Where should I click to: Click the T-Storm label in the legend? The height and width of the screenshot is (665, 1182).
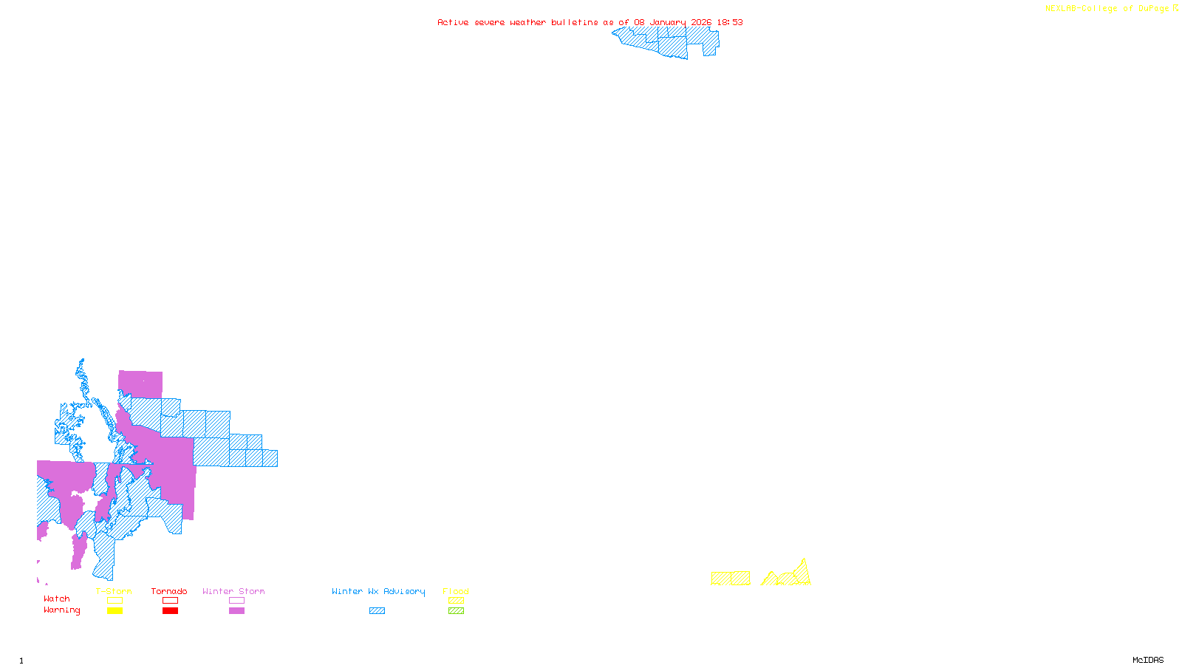click(114, 591)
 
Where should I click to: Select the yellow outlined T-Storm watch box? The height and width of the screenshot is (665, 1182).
click(115, 601)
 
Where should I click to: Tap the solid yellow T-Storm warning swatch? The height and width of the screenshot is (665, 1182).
click(115, 611)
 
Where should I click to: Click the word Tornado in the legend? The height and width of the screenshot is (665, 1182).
click(169, 591)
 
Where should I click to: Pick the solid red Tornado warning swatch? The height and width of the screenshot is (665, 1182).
click(170, 611)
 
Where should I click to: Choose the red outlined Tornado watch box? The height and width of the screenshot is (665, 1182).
click(170, 601)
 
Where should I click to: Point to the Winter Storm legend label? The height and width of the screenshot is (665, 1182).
click(233, 591)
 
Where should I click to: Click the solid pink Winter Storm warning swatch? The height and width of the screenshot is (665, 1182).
click(236, 611)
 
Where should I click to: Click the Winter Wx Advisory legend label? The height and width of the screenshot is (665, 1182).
click(378, 591)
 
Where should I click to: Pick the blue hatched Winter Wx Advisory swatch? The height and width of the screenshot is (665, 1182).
click(377, 611)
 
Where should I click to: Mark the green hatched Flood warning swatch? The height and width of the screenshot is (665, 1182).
click(456, 611)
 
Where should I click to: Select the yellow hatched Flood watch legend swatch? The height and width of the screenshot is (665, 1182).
click(456, 601)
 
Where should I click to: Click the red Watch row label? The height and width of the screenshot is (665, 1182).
click(57, 599)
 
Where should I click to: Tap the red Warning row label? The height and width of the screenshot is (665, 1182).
click(62, 610)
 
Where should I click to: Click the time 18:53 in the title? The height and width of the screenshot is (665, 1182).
click(730, 22)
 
